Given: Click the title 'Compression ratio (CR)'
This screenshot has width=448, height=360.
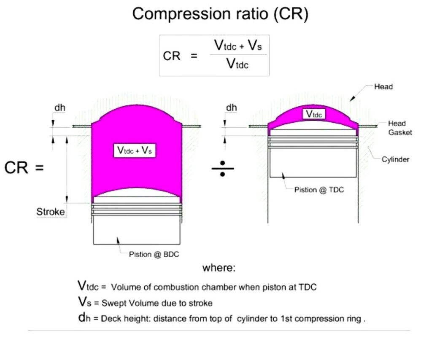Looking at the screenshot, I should click(x=220, y=14).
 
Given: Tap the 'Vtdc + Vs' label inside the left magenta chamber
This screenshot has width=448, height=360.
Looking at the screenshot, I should click(x=135, y=150).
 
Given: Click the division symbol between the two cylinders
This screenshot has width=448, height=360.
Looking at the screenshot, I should click(x=222, y=168).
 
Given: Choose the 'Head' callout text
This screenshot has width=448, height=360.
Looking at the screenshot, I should click(x=383, y=87).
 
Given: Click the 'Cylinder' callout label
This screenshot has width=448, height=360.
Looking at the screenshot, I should click(x=395, y=159).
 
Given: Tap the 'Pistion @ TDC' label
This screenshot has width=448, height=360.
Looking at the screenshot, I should click(x=319, y=190).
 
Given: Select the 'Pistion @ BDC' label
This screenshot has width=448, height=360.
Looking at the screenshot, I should click(x=154, y=254).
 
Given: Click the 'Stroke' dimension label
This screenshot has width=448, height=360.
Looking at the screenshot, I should click(x=51, y=212).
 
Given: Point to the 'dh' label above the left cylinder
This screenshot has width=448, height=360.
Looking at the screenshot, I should click(x=59, y=108).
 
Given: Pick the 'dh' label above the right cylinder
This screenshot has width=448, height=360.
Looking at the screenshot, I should click(x=231, y=108).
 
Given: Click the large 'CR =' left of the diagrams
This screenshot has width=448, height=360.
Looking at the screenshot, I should click(x=24, y=168).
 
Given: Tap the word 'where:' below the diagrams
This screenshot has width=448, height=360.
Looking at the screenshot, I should click(x=219, y=268).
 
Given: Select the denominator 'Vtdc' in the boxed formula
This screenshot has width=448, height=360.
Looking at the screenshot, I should click(x=237, y=64).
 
